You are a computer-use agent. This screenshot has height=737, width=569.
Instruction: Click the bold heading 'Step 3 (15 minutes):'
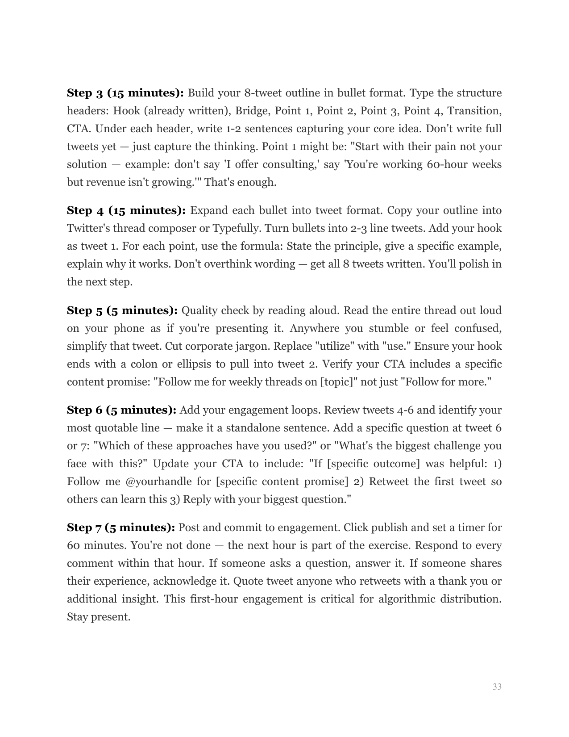click(x=125, y=93)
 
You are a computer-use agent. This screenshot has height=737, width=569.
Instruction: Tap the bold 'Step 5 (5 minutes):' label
click(x=122, y=310)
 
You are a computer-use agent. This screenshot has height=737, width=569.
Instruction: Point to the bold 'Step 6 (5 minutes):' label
click(x=122, y=410)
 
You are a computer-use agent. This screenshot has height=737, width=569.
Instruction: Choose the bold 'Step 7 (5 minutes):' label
click(x=121, y=528)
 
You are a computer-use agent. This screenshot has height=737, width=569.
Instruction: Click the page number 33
click(x=497, y=687)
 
